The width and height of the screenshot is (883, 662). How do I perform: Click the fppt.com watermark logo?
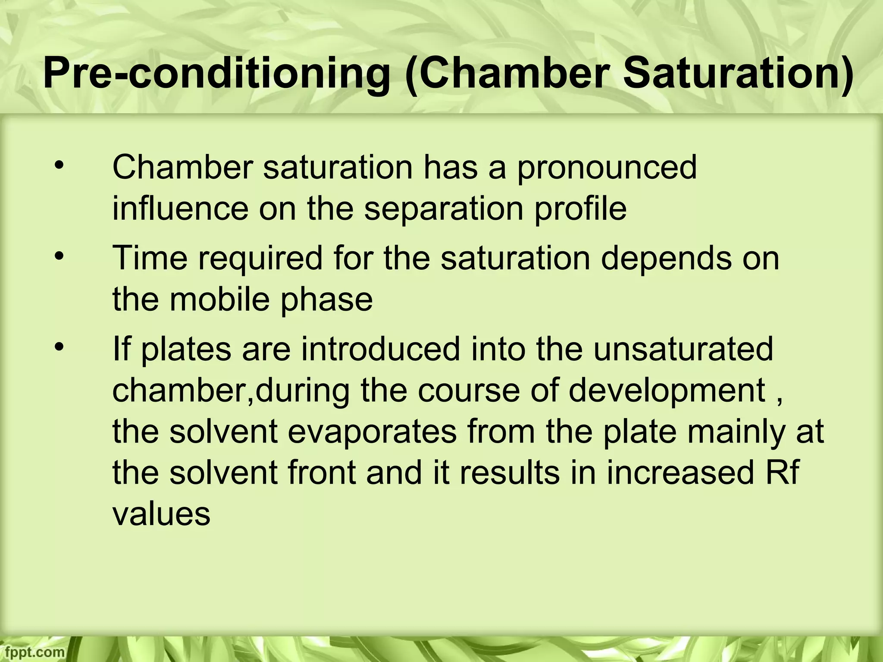click(32, 652)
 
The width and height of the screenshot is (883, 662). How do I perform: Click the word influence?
click(180, 209)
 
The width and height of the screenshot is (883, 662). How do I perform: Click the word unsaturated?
click(683, 349)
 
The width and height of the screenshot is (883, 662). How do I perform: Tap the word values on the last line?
click(161, 514)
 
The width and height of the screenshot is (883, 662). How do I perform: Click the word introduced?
click(381, 349)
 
